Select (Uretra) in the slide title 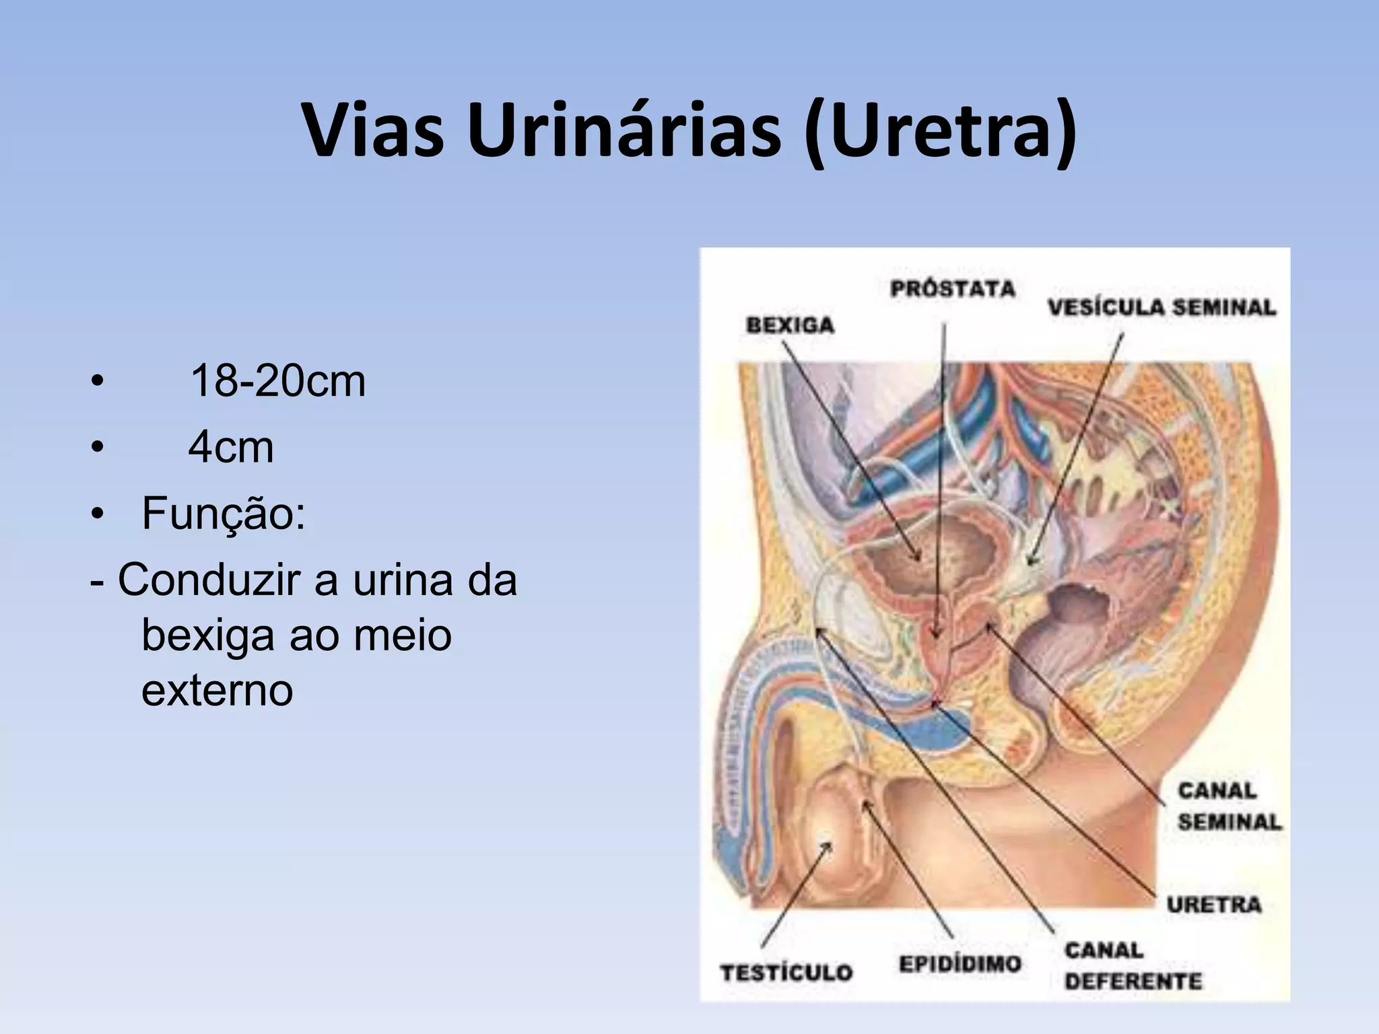coord(940,132)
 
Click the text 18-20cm coord(277,381)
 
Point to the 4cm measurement coord(231,447)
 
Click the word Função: coord(224,513)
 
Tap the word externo coord(217,690)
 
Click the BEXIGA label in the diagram coord(790,325)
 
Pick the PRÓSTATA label coord(952,289)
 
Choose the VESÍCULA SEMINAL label coord(1162,308)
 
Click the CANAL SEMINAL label coord(1229,806)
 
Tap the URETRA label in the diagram coord(1214,904)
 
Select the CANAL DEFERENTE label coord(1133,965)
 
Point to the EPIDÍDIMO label coord(960,964)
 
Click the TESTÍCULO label coord(786,972)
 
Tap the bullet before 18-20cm coord(98,382)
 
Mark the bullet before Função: coord(98,514)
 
